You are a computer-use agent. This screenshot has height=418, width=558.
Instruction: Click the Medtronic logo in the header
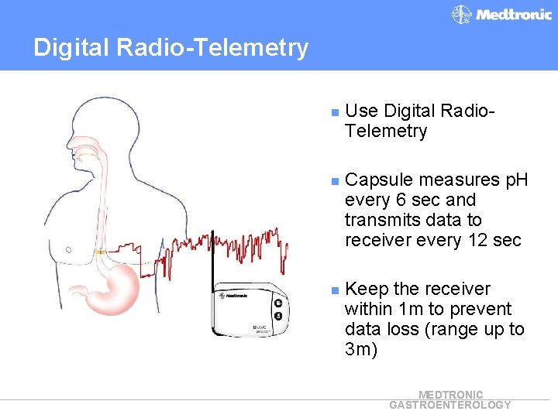(x=502, y=15)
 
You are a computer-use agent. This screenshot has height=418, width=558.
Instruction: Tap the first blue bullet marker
(x=334, y=112)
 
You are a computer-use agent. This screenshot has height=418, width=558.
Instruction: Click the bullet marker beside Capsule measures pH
(x=334, y=181)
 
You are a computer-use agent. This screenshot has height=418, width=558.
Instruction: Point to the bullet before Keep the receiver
(x=334, y=290)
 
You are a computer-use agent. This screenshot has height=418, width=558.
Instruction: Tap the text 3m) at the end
(x=361, y=350)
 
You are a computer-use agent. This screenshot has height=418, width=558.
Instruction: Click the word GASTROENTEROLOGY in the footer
(x=449, y=405)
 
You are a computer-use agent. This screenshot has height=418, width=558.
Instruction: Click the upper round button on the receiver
(x=278, y=303)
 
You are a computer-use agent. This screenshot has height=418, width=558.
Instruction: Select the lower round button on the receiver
(x=278, y=316)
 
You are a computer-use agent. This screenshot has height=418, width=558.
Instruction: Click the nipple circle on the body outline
(x=69, y=250)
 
